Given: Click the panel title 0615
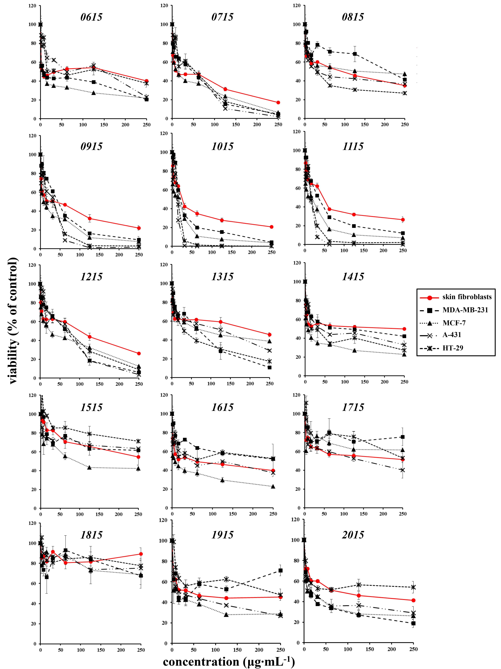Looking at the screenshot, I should pos(91,17).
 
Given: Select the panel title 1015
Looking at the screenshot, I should pos(222,146).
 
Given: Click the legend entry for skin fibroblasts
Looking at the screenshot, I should pos(467,297).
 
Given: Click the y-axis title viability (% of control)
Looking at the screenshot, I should pos(13,321).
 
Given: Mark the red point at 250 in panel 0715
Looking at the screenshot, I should pos(278,103).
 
